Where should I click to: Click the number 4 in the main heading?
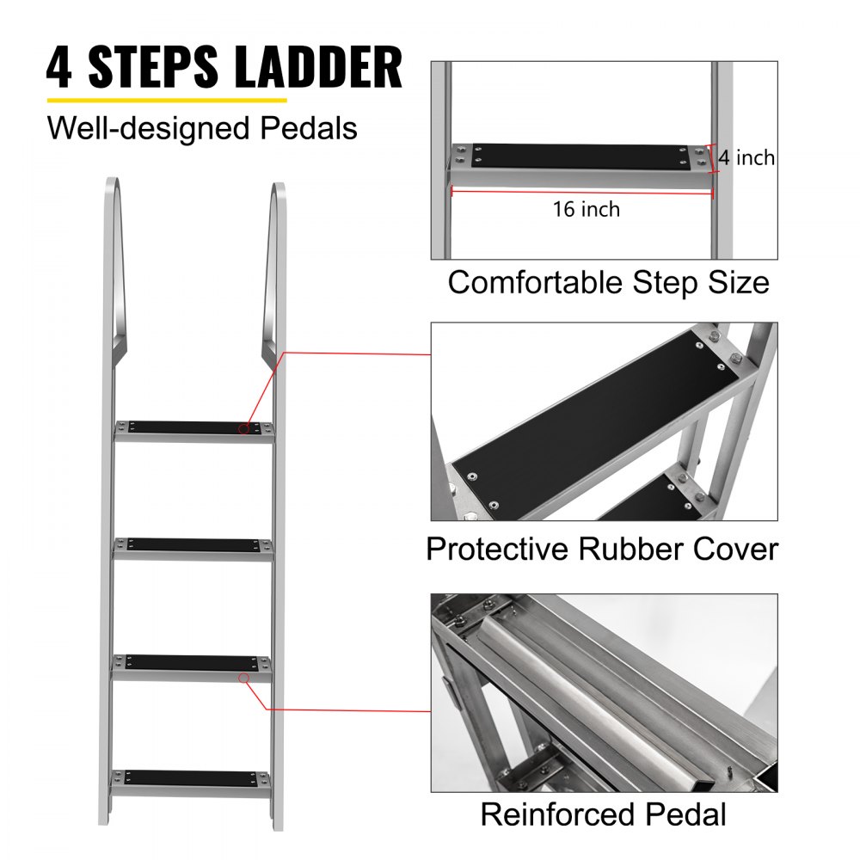[59, 68]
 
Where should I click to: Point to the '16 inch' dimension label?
[587, 209]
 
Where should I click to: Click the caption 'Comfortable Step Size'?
[608, 283]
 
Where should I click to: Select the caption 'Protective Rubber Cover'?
[602, 549]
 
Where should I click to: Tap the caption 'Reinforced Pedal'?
[603, 814]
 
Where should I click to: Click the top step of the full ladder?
[194, 427]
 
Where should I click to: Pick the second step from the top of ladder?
[194, 545]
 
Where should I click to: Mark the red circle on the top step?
[245, 427]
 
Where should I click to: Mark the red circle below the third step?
[244, 678]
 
